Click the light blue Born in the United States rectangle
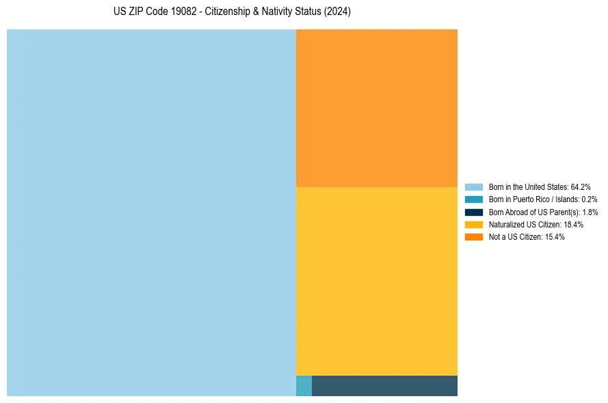(x=151, y=212)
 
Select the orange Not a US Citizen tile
(x=377, y=108)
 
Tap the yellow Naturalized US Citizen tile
(x=377, y=281)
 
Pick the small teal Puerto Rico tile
(x=304, y=386)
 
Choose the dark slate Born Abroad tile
(x=384, y=386)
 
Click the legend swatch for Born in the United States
(x=474, y=186)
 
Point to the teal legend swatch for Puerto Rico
(x=474, y=199)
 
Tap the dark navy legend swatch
(x=474, y=212)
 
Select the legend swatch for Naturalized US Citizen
(x=474, y=224)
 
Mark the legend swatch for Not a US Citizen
(x=474, y=237)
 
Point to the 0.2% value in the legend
(x=589, y=199)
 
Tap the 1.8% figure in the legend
(x=590, y=212)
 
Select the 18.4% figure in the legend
(x=573, y=224)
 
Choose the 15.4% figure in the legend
(x=555, y=237)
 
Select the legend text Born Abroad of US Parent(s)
(x=533, y=212)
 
